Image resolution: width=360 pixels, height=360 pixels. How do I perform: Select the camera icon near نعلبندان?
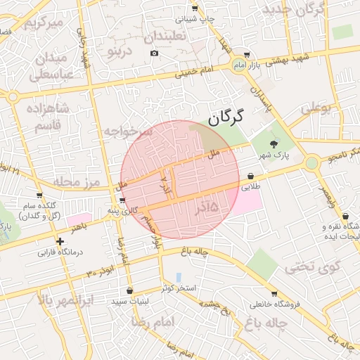[154, 53]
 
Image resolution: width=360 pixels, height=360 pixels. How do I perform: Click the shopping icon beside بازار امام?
[246, 55]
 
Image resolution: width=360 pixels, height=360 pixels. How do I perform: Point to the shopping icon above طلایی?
[251, 176]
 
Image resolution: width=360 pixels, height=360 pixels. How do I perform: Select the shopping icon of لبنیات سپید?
[130, 290]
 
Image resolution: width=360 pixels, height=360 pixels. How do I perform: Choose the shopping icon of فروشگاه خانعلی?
[274, 293]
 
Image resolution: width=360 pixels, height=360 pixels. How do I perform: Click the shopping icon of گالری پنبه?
[123, 200]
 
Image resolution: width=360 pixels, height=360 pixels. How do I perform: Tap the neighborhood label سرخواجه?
[128, 131]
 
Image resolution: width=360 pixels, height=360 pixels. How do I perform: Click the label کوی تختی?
[312, 267]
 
